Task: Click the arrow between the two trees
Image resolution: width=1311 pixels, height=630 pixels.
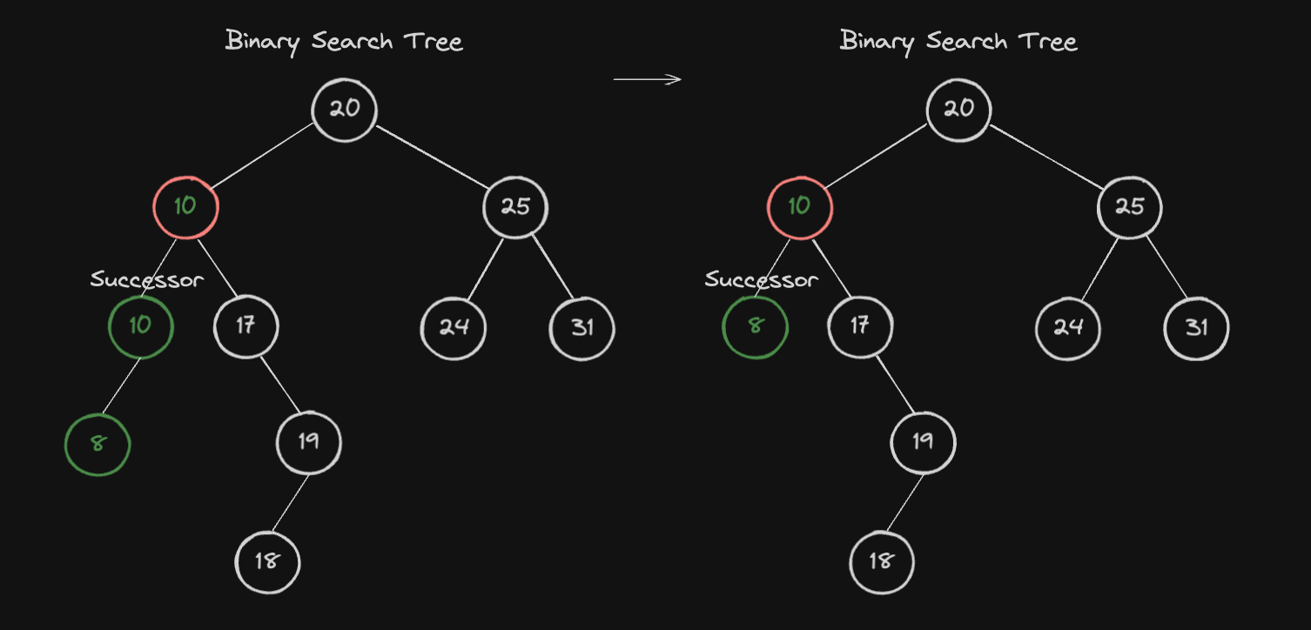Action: click(x=648, y=79)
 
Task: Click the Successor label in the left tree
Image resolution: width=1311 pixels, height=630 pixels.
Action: click(x=147, y=279)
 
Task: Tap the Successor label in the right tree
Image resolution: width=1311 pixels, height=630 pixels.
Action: click(x=761, y=279)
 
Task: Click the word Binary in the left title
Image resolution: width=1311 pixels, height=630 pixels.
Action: click(x=263, y=42)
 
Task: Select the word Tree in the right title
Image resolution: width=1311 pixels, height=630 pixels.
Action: click(x=1047, y=42)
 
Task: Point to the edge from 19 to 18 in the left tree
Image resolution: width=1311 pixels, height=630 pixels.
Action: click(x=291, y=502)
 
